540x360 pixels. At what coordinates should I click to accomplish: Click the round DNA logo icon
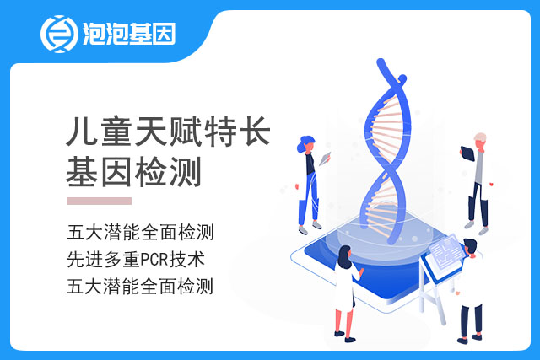click(58, 34)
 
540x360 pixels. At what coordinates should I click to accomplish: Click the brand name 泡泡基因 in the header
click(129, 34)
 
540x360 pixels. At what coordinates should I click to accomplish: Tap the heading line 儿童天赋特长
click(169, 132)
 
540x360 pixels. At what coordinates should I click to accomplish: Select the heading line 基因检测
click(133, 172)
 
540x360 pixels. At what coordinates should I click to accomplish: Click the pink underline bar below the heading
click(100, 201)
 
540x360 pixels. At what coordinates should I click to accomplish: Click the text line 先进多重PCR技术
click(136, 260)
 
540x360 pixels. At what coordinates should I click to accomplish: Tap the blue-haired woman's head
click(306, 144)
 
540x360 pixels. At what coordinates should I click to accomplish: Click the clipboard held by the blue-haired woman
click(325, 159)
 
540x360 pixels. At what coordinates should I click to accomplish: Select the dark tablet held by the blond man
click(467, 153)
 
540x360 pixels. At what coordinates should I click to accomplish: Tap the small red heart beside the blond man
click(491, 184)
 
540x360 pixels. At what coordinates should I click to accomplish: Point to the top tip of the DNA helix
click(381, 62)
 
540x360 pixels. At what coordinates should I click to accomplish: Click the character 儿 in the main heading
click(81, 132)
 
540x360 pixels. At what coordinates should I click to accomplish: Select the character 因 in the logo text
click(165, 34)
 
